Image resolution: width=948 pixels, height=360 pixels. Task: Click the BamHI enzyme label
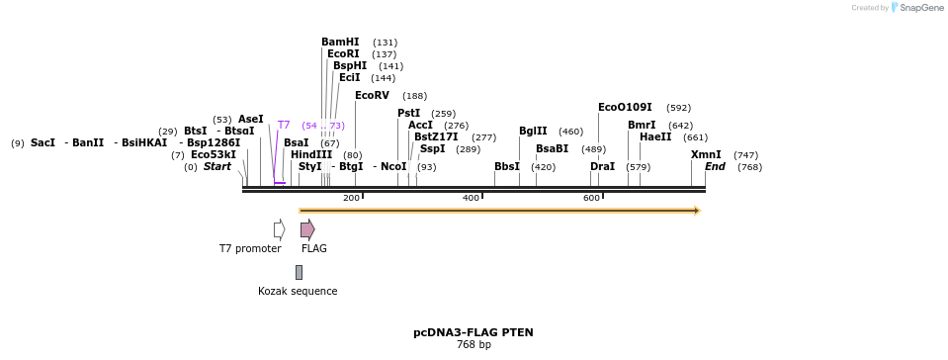click(x=340, y=43)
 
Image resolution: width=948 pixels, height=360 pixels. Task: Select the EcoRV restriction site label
click(x=372, y=96)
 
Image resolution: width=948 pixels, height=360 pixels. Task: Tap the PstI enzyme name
click(x=408, y=114)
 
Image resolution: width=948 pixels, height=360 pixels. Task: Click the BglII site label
click(x=533, y=132)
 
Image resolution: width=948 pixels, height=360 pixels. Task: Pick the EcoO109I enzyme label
click(x=625, y=108)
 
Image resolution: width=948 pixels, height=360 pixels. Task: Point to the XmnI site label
click(x=706, y=155)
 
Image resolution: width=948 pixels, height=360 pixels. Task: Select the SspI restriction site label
click(x=432, y=149)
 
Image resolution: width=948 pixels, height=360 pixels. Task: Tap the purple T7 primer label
click(x=284, y=126)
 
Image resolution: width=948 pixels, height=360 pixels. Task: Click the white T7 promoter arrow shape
click(x=280, y=229)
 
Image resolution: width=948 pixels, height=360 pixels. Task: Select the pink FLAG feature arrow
click(x=307, y=229)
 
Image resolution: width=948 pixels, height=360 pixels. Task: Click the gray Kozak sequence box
click(x=299, y=272)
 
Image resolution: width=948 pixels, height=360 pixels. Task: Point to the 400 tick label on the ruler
click(x=472, y=199)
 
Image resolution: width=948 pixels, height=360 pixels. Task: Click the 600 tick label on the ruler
click(x=591, y=199)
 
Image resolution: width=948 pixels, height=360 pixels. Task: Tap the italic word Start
click(x=216, y=167)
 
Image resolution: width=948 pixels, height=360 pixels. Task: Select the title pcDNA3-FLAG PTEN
click(x=473, y=332)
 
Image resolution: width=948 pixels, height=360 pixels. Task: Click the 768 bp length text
click(x=473, y=345)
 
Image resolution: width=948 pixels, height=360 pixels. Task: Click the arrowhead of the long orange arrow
click(x=697, y=211)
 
